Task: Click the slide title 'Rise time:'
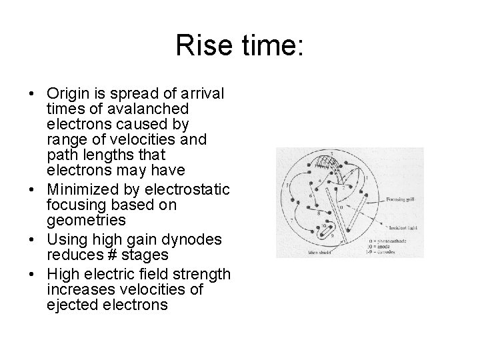coord(239,46)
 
